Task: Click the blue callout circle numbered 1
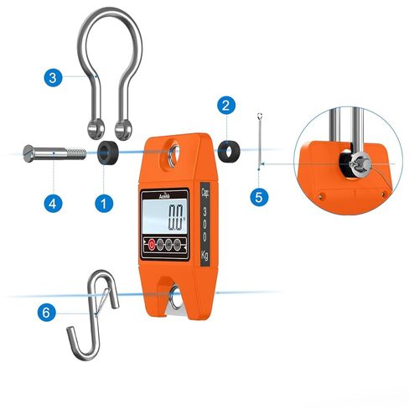point(103,202)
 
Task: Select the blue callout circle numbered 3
point(53,78)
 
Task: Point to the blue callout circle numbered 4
point(53,202)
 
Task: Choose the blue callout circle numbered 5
point(260,197)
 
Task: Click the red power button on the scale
point(152,246)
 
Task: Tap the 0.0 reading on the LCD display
point(174,222)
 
